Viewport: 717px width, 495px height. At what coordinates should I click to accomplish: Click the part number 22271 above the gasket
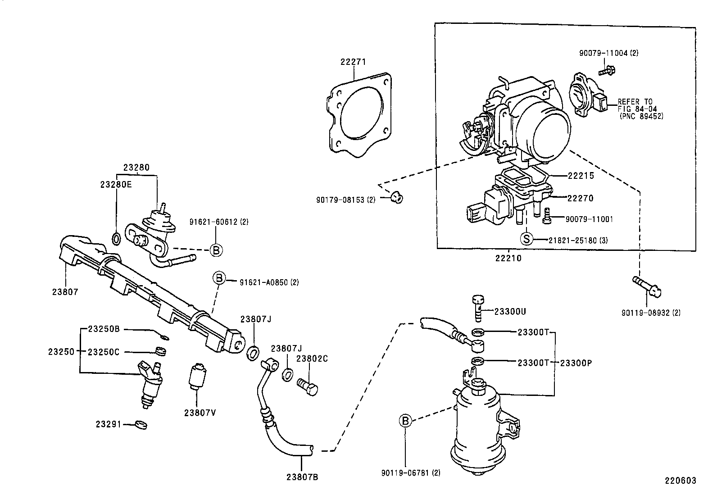[353, 62]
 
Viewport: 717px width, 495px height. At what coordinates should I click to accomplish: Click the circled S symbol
[526, 239]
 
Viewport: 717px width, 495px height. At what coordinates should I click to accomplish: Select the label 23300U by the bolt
[510, 311]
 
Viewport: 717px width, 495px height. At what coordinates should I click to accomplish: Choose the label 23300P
[575, 363]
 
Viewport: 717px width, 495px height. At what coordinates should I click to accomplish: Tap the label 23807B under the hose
[302, 477]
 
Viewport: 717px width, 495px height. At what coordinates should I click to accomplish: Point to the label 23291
[108, 424]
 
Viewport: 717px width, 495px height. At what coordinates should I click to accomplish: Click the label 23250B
[103, 329]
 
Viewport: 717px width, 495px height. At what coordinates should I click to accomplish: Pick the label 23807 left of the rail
[65, 292]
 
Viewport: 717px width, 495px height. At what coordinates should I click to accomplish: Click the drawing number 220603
[681, 481]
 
